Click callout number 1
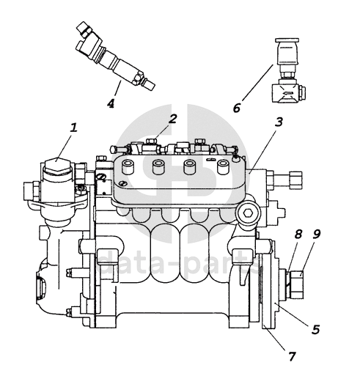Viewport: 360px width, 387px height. [x=73, y=128]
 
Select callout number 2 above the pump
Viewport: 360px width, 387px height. [x=172, y=119]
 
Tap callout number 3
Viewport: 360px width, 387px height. [x=279, y=122]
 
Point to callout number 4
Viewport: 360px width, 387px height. [x=111, y=103]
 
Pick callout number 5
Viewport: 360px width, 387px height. [x=315, y=329]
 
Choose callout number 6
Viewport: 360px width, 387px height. [x=237, y=108]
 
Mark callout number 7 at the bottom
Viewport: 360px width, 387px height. [x=292, y=356]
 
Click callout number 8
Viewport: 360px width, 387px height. [x=298, y=234]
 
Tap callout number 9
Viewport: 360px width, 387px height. [x=316, y=234]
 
